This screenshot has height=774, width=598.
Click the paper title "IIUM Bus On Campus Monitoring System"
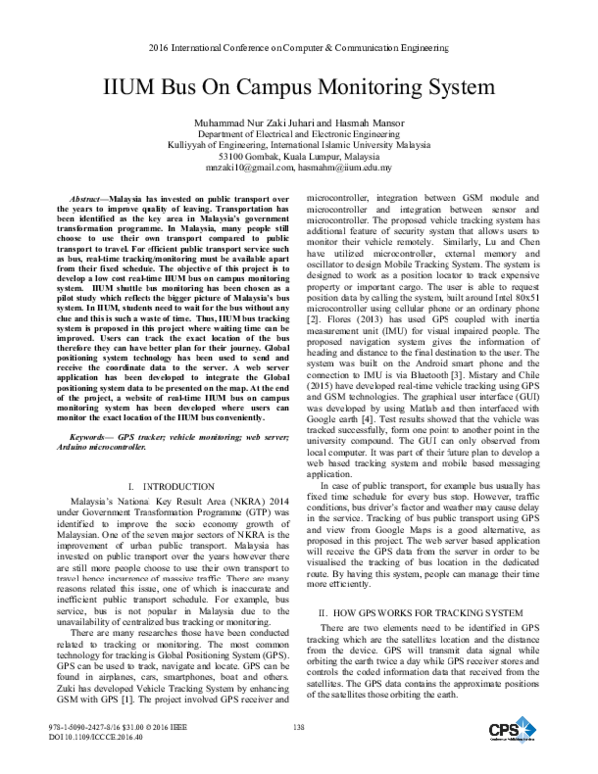pos(299,87)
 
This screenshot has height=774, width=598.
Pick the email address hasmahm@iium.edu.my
pos(343,170)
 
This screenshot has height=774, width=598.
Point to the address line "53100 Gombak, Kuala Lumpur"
pos(298,158)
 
